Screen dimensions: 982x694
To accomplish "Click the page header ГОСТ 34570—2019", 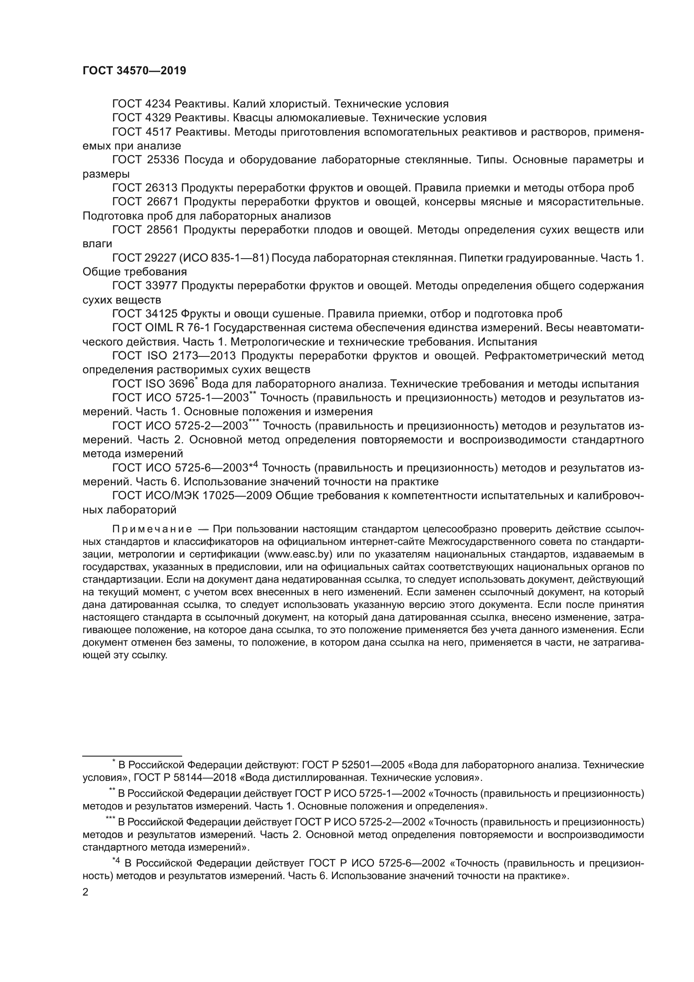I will pos(134,71).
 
